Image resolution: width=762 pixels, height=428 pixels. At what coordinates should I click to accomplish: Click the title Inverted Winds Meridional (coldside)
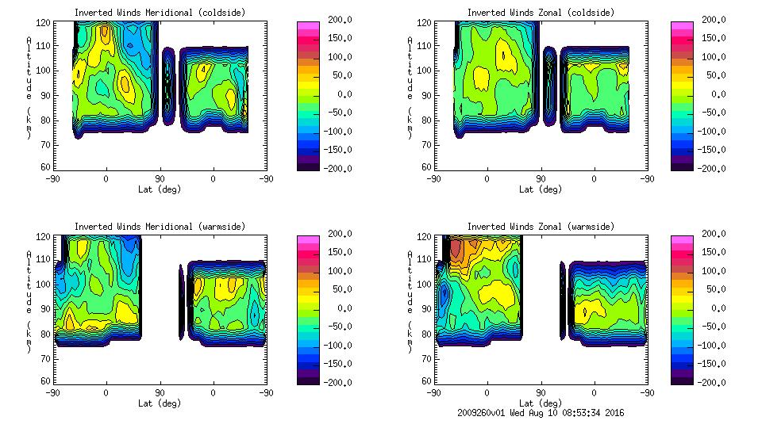coord(160,13)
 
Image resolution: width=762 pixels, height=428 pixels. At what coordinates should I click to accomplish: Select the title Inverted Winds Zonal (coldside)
coord(541,13)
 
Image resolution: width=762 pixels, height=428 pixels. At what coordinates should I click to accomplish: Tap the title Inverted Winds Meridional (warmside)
coord(160,227)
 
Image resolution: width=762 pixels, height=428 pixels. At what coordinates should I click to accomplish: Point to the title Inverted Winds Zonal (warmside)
coord(541,227)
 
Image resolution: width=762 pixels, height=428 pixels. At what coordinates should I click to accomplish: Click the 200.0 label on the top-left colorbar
coord(337,20)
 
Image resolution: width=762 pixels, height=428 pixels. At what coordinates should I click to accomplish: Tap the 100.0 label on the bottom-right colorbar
coord(711,271)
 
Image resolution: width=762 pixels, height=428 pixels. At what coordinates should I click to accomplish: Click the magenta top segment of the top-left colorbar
coord(306,25)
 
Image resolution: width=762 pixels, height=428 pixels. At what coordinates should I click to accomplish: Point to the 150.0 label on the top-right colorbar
coord(711,38)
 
